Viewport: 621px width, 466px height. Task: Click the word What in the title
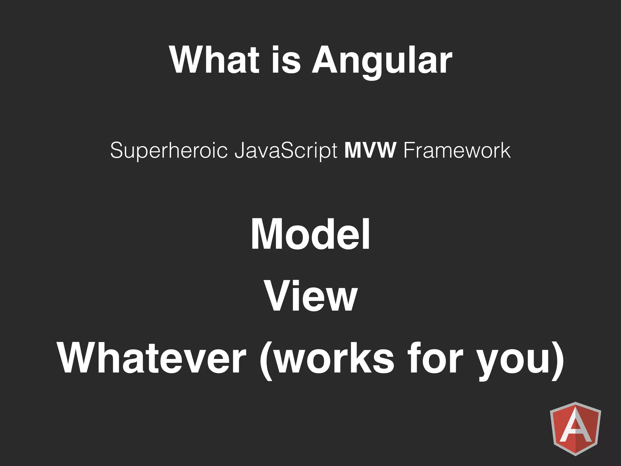pos(214,60)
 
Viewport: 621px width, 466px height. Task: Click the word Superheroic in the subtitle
pos(169,151)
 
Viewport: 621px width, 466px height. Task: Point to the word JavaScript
pos(286,151)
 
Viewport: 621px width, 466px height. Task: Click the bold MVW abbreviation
pos(370,150)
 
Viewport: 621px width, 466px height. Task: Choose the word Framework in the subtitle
pos(457,150)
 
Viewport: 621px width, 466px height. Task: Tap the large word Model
pos(310,234)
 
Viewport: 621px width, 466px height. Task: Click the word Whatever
pos(152,358)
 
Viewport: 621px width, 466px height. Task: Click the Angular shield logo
pos(575,428)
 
